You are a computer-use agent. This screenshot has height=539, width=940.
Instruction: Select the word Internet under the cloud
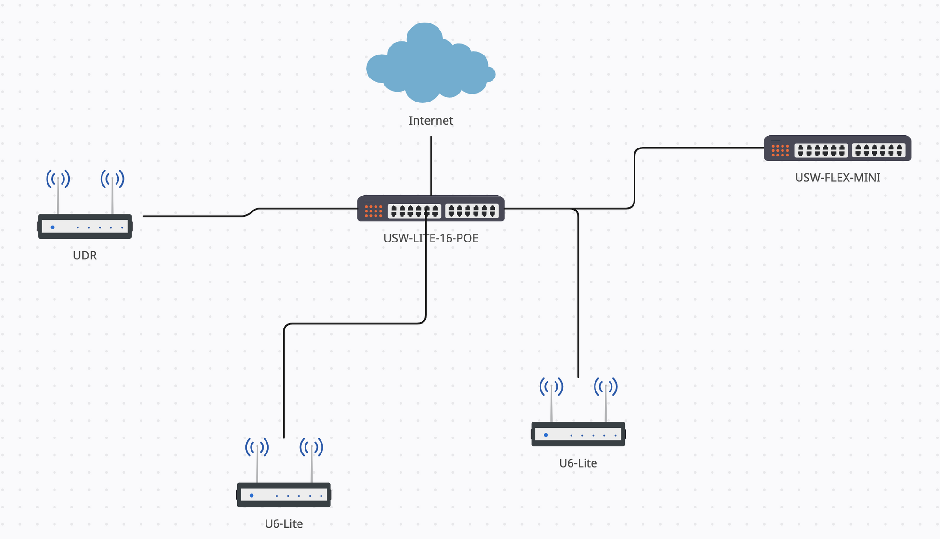pyautogui.click(x=431, y=121)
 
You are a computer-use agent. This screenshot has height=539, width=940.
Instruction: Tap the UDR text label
pyautogui.click(x=85, y=256)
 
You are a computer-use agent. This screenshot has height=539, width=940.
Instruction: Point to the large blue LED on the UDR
pyautogui.click(x=53, y=227)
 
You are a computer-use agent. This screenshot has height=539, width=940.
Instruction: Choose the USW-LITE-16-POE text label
pyautogui.click(x=431, y=238)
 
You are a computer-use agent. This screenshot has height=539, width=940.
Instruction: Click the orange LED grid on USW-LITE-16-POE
pyautogui.click(x=373, y=211)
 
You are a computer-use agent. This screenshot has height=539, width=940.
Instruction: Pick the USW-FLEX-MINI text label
pyautogui.click(x=838, y=178)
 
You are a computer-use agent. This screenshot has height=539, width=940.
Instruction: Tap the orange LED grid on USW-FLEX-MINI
pyautogui.click(x=780, y=150)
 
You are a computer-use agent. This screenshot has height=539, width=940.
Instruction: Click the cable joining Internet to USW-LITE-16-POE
pyautogui.click(x=431, y=164)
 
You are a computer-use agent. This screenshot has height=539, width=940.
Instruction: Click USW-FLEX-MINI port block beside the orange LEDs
pyautogui.click(x=821, y=150)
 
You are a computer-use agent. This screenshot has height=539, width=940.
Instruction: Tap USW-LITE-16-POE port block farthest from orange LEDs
pyautogui.click(x=472, y=211)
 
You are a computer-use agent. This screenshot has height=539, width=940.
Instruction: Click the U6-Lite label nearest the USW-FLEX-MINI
pyautogui.click(x=578, y=463)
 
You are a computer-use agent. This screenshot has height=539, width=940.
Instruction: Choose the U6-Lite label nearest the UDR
pyautogui.click(x=283, y=524)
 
